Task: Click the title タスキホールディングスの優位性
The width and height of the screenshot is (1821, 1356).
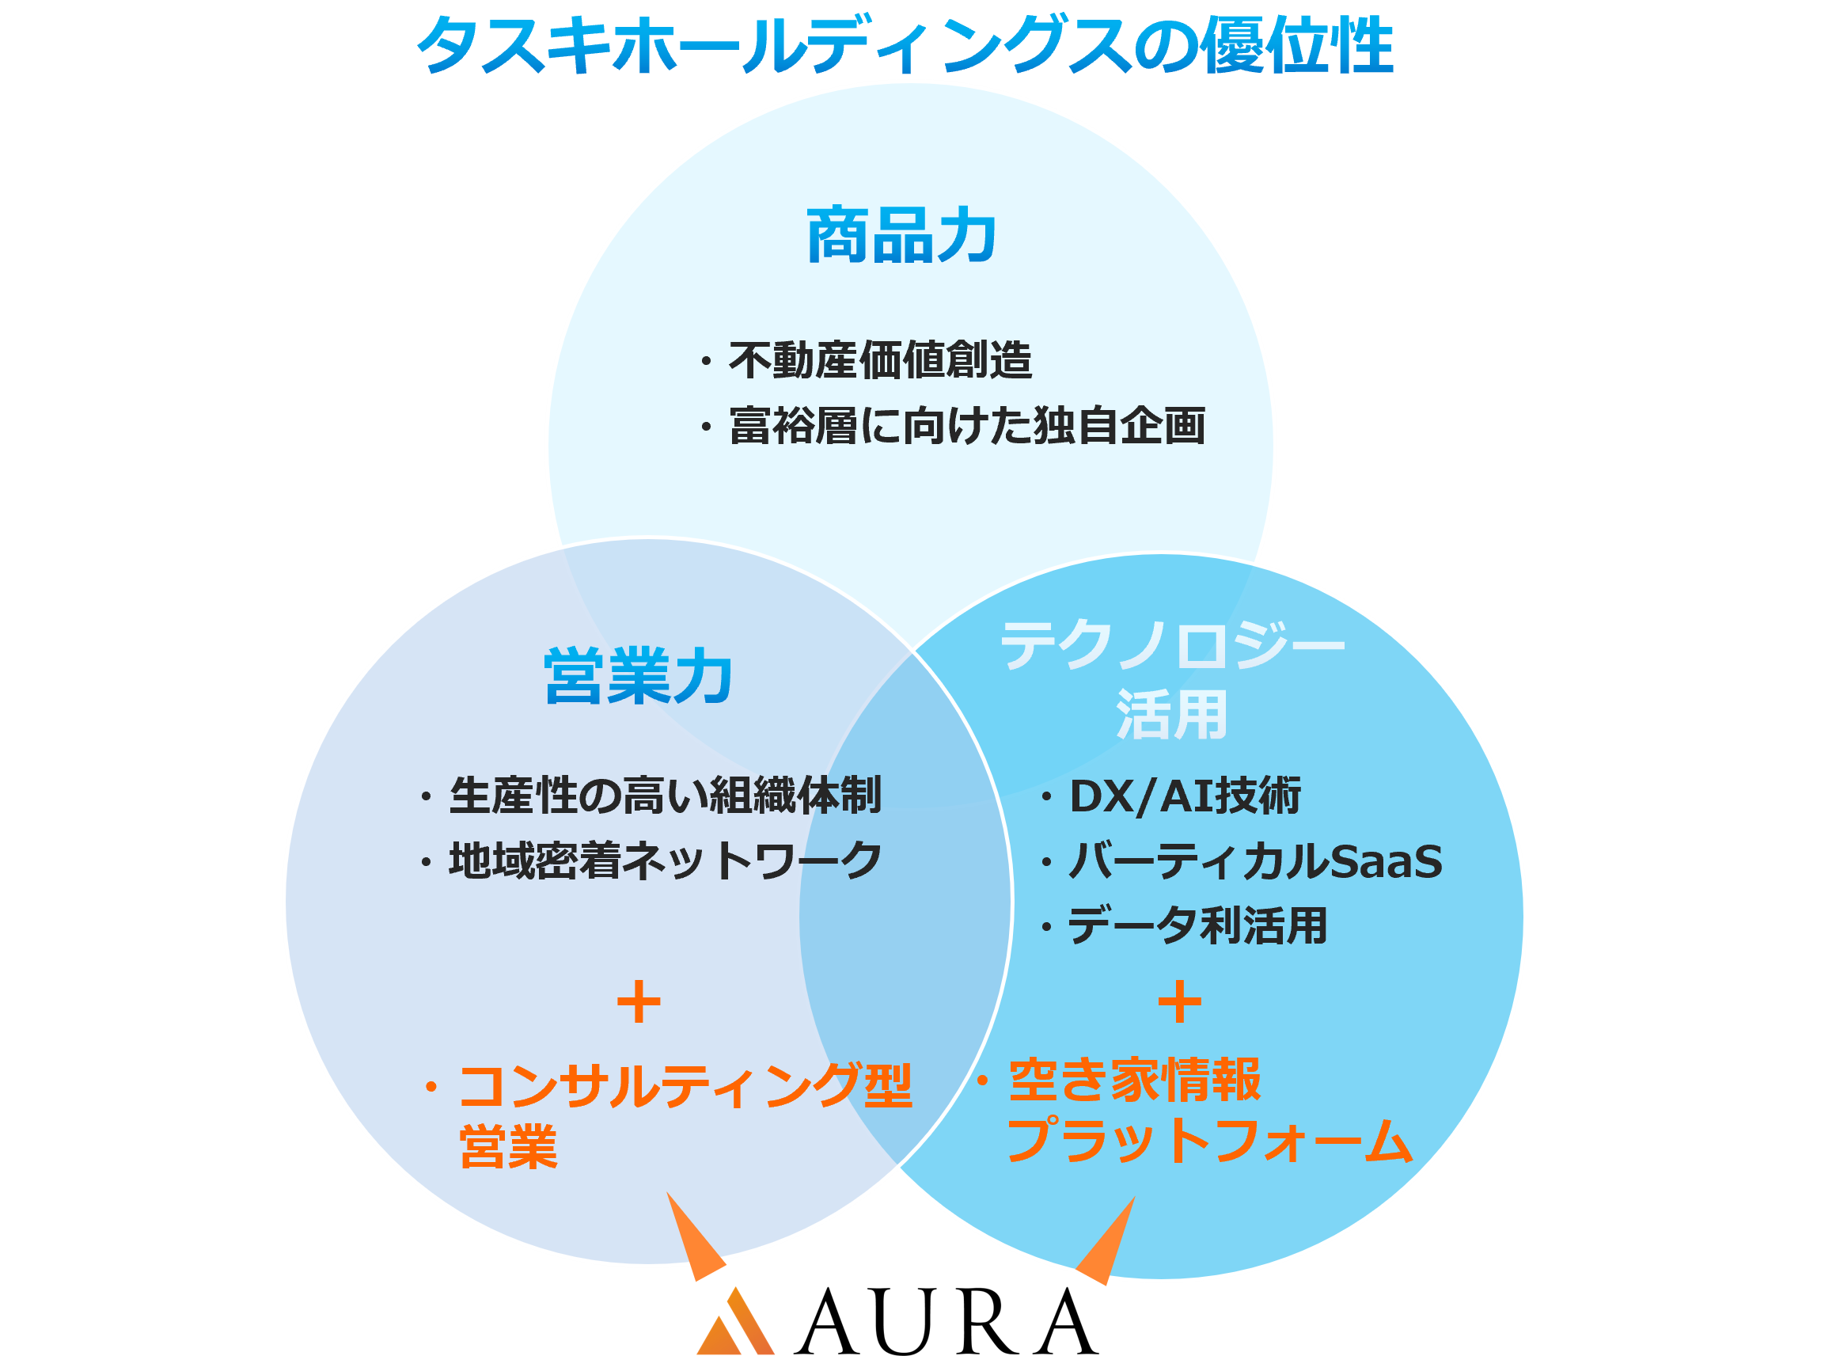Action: pos(905,45)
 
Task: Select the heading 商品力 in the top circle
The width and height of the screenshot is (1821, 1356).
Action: pos(901,237)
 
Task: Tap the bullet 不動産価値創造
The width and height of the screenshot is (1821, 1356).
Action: pos(879,360)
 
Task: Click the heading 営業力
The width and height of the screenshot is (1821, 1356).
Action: pos(638,676)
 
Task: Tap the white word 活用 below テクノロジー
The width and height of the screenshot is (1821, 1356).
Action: pos(1172,714)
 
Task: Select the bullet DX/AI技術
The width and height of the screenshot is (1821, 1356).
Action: pos(1184,796)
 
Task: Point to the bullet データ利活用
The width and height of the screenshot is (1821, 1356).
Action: pos(1197,926)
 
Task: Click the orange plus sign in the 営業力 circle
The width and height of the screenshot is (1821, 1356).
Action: pos(639,1002)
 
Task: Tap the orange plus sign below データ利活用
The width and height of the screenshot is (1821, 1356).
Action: pos(1179,1001)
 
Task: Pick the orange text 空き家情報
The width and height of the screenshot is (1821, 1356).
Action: pos(1134,1080)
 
